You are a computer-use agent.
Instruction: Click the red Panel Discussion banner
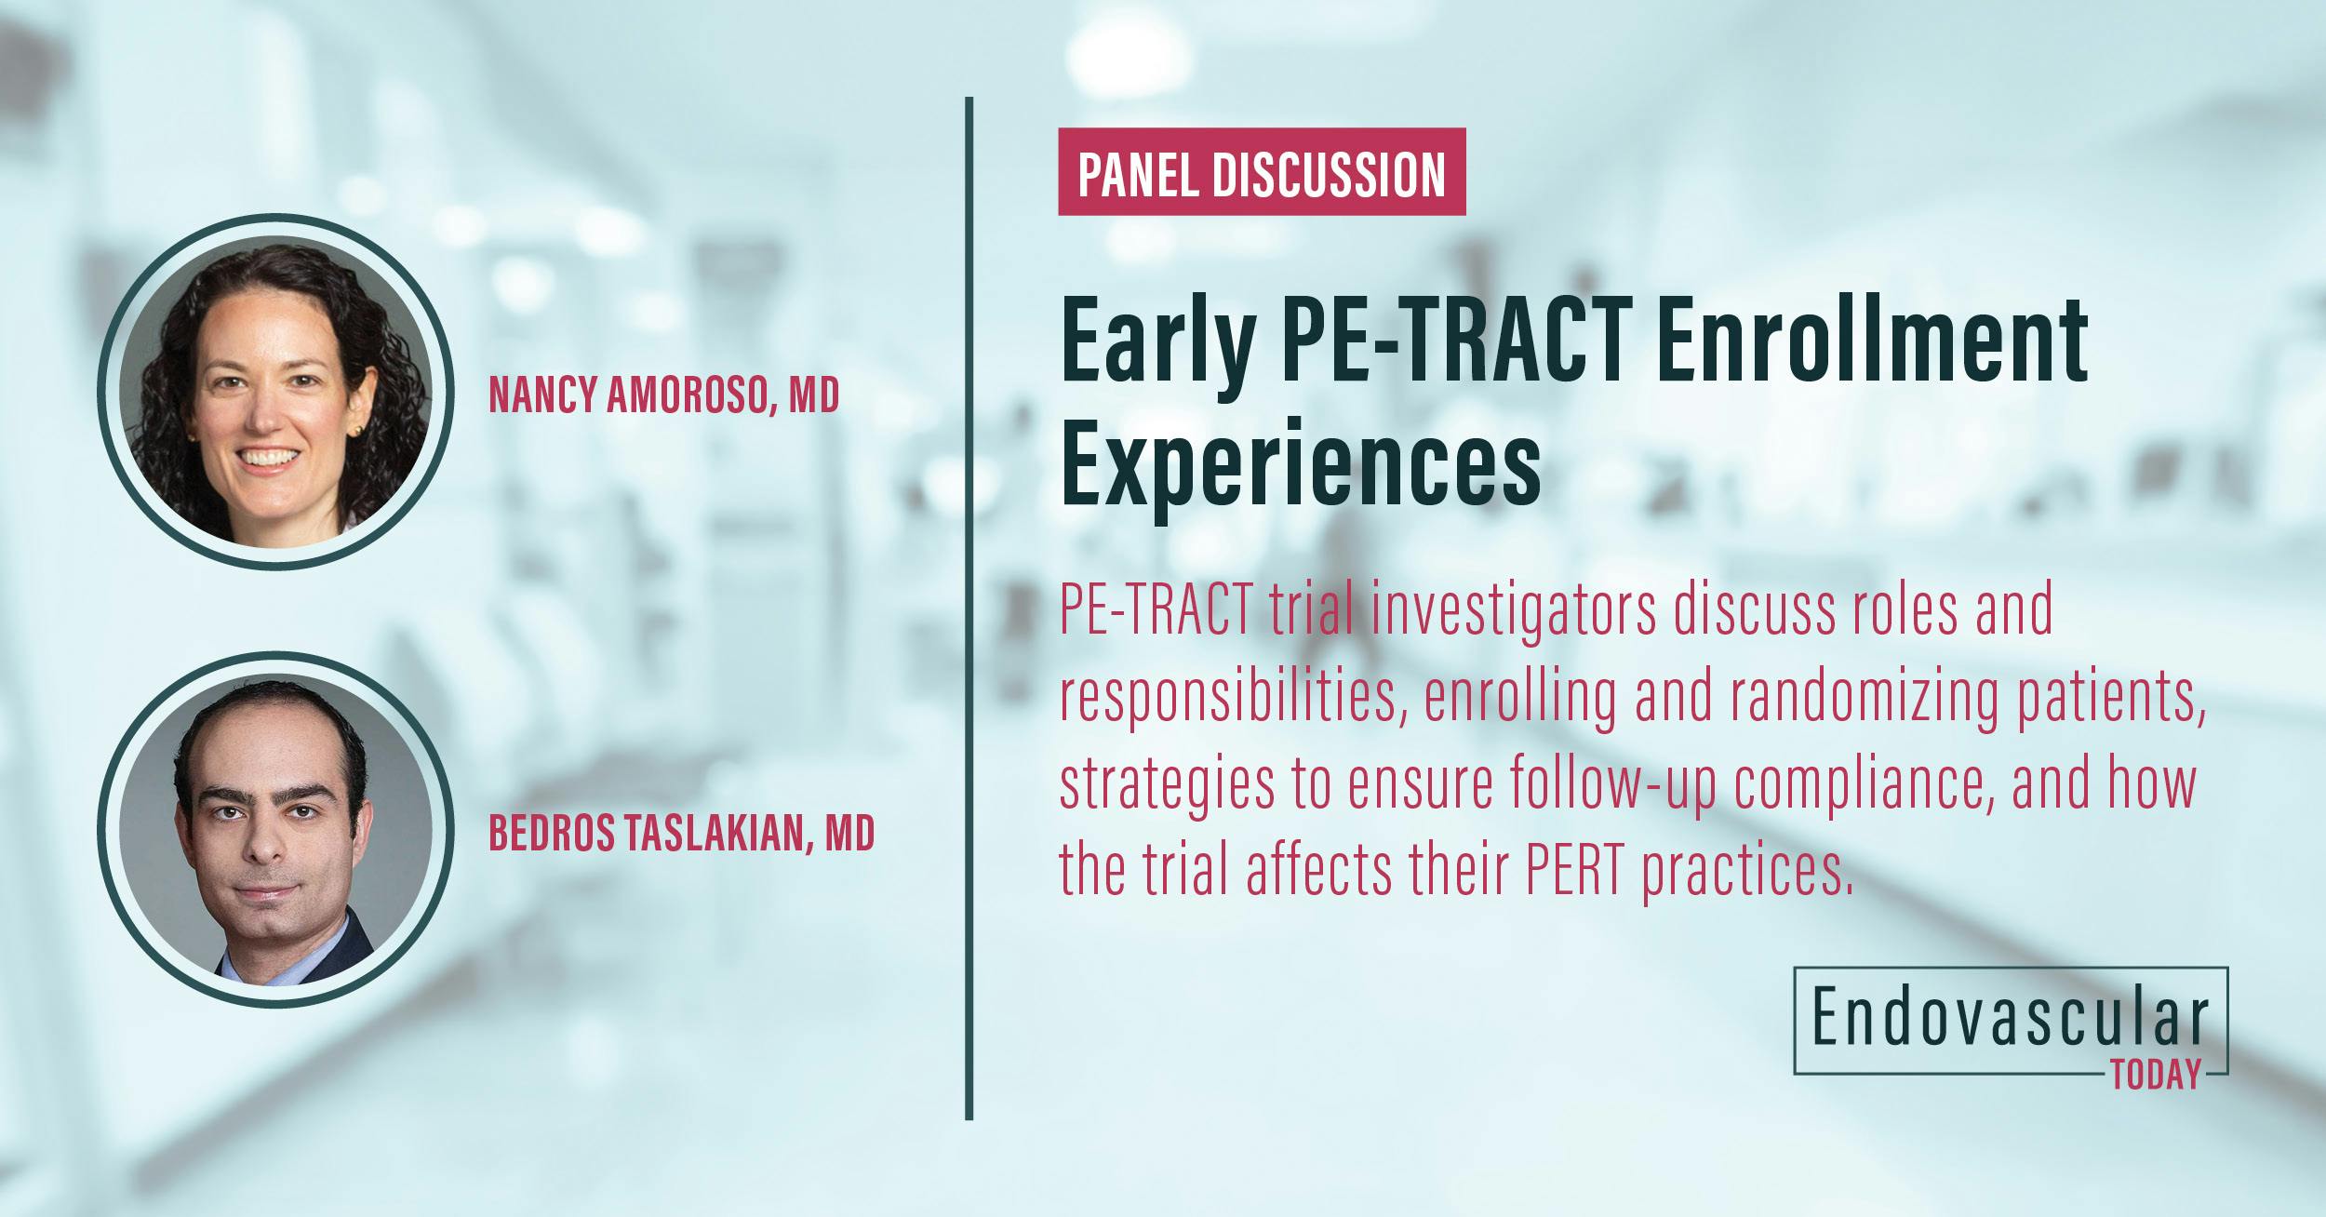[x=1261, y=173]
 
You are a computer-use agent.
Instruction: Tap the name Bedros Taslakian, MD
[x=681, y=834]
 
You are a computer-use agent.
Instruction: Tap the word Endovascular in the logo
[x=2009, y=1020]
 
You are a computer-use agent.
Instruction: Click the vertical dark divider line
[x=969, y=605]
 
